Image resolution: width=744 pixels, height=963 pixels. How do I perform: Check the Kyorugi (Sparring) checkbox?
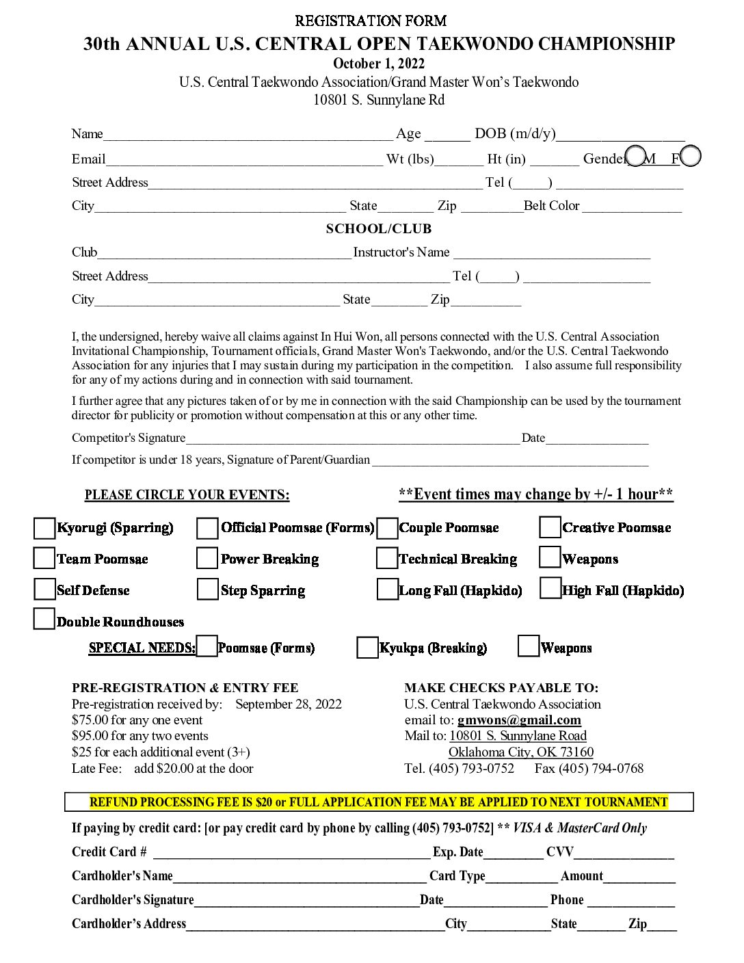(44, 528)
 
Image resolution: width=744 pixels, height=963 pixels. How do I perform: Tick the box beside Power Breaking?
(207, 558)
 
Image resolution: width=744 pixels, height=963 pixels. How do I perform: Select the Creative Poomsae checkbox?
(550, 527)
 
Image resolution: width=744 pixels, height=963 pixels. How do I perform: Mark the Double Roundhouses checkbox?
(44, 619)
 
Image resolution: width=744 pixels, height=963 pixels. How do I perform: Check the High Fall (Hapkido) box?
(550, 589)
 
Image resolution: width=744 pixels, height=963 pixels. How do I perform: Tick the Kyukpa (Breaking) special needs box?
(367, 648)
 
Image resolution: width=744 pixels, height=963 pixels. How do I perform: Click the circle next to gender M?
(636, 157)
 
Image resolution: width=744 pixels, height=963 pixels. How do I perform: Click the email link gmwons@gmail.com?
(519, 720)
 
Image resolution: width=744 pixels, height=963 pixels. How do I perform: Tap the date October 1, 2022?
(379, 64)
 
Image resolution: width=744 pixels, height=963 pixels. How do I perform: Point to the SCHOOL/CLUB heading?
(379, 229)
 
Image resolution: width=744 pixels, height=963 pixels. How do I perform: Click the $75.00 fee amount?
(90, 720)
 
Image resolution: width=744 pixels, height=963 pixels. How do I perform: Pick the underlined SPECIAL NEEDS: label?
(142, 648)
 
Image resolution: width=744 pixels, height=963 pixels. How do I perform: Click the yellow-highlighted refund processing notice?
(379, 802)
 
